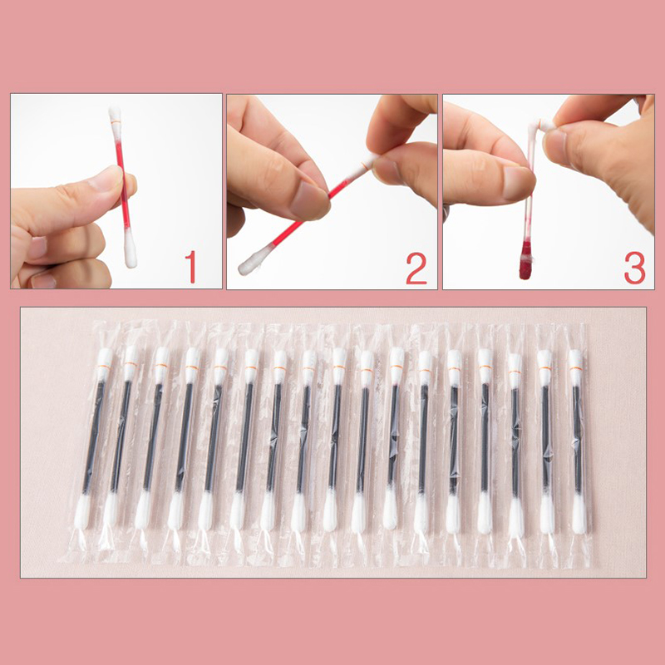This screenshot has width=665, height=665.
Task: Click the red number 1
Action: click(x=191, y=267)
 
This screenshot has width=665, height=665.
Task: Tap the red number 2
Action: click(x=416, y=268)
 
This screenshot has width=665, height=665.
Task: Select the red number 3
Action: click(x=634, y=268)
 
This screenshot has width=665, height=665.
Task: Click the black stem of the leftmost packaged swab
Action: click(x=93, y=437)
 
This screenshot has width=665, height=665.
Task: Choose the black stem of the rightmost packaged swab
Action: click(x=577, y=440)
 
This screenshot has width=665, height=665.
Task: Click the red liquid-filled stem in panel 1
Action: click(x=122, y=185)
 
